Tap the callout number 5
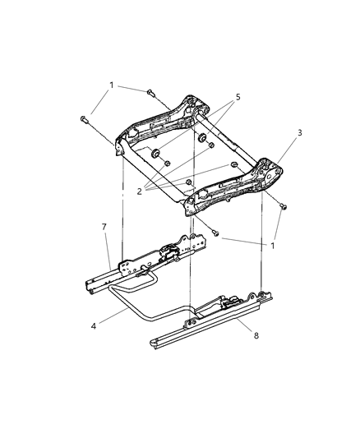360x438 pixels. tap(238, 96)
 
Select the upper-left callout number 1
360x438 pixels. tap(109, 85)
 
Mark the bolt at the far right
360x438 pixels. tap(284, 207)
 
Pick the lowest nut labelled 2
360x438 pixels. tap(188, 181)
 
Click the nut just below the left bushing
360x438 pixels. tap(167, 164)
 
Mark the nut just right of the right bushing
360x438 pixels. tap(211, 145)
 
